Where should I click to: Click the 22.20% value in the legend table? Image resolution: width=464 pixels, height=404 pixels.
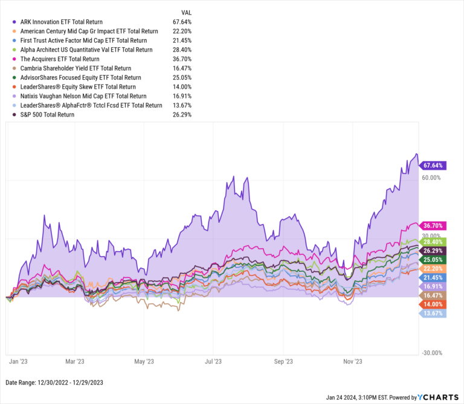182,31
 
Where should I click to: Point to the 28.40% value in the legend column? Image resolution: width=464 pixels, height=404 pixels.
182,50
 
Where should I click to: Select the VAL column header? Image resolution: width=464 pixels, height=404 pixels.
187,12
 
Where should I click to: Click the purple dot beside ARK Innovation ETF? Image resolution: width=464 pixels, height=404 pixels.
14,22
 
